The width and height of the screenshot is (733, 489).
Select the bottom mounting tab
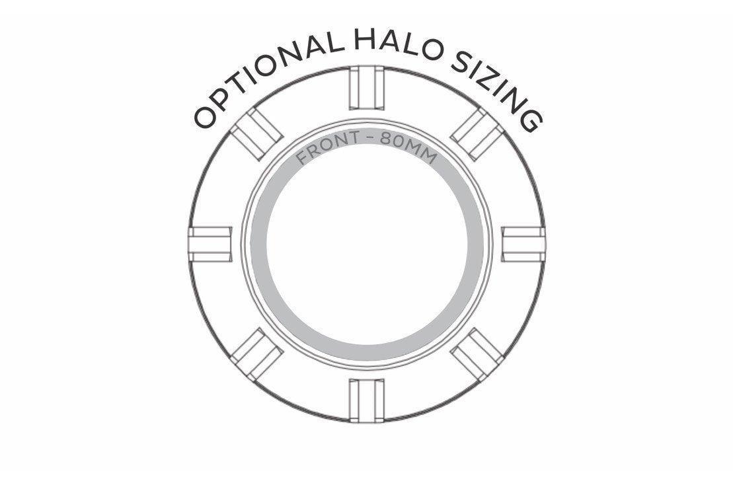(367, 400)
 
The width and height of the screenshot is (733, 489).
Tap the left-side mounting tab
(210, 244)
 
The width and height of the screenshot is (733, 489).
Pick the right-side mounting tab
(523, 244)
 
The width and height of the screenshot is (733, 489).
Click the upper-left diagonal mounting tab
(256, 134)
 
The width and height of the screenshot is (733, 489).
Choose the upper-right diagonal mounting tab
(477, 134)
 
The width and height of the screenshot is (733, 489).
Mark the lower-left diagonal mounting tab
(256, 354)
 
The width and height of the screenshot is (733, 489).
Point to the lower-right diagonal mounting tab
(477, 354)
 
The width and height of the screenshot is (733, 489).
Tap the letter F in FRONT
(303, 158)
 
